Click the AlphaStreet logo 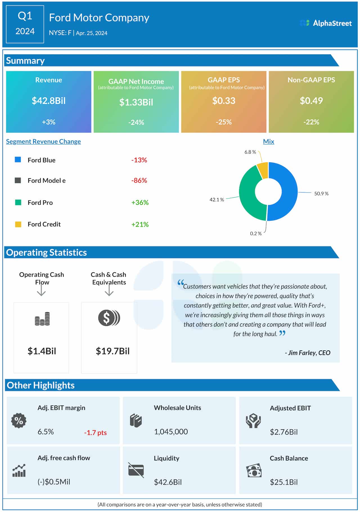pyautogui.click(x=326, y=23)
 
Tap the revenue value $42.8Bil pyautogui.click(x=48, y=101)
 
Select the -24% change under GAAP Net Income pyautogui.click(x=136, y=122)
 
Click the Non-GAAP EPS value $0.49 pyautogui.click(x=311, y=101)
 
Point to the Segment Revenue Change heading pyautogui.click(x=43, y=142)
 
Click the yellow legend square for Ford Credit pyautogui.click(x=18, y=224)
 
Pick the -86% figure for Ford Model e pyautogui.click(x=139, y=180)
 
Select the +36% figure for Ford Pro pyautogui.click(x=140, y=202)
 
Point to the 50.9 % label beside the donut pyautogui.click(x=321, y=194)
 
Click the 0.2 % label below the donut pyautogui.click(x=256, y=234)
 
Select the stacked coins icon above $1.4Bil pyautogui.click(x=42, y=319)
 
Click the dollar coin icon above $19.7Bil pyautogui.click(x=109, y=318)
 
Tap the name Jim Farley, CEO pyautogui.click(x=308, y=353)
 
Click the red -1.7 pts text pyautogui.click(x=95, y=433)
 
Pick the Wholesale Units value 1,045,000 pyautogui.click(x=171, y=432)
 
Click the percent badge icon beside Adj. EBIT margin pyautogui.click(x=19, y=421)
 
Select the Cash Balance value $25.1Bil pyautogui.click(x=283, y=482)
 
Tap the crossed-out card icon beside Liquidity pyautogui.click(x=136, y=470)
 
